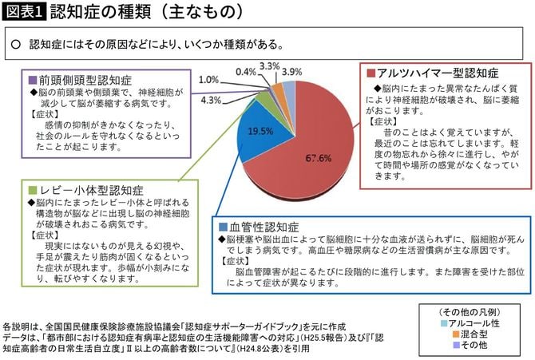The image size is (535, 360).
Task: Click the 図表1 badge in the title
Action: point(23,13)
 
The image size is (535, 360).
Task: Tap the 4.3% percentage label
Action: point(212,100)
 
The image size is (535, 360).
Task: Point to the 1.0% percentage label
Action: point(209,80)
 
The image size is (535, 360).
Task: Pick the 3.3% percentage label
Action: point(269,66)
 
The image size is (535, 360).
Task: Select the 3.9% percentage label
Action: point(292,71)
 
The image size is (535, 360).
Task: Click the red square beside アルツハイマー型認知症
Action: point(372,74)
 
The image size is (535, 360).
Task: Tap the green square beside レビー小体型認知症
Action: point(33,191)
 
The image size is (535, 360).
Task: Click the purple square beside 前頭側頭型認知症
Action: point(33,81)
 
